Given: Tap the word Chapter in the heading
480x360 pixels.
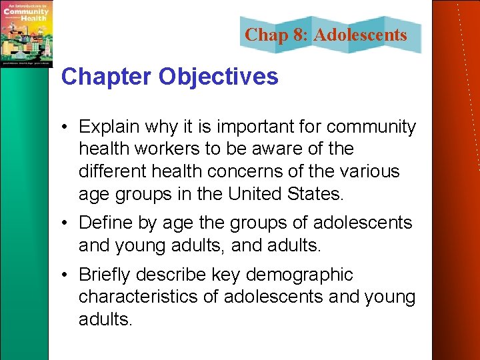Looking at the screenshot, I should [x=107, y=77].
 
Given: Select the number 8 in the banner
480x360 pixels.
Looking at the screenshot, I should [x=297, y=35].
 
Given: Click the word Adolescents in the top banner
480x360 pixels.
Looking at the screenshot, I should [x=360, y=35].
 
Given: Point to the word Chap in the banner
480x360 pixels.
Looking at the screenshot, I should [x=266, y=35].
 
